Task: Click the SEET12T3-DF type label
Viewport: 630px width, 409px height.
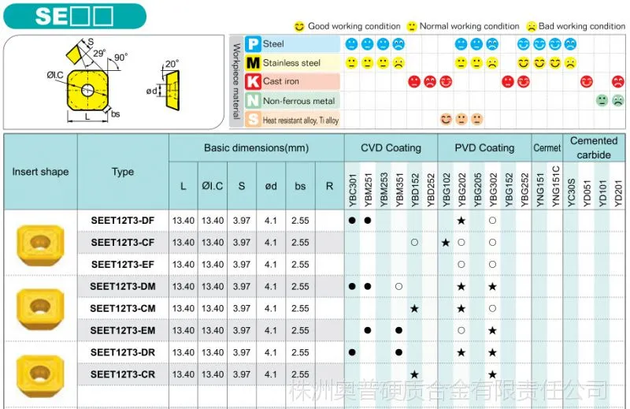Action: tap(123, 221)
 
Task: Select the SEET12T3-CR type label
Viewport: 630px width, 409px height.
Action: tap(123, 374)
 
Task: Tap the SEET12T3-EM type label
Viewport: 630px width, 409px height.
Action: tap(123, 330)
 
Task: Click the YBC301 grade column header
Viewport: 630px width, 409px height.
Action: tap(352, 190)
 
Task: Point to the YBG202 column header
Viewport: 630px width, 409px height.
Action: tap(461, 190)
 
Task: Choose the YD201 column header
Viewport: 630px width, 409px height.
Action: tap(618, 194)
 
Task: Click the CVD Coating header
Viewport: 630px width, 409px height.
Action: tap(391, 148)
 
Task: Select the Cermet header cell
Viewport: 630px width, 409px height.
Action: tap(547, 148)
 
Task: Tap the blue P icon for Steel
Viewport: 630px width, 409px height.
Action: tap(253, 44)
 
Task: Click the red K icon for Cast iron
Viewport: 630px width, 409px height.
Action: tap(253, 82)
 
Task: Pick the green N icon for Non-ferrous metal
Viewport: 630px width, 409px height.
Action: tap(253, 101)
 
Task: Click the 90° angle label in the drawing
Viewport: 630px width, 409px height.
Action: tap(120, 58)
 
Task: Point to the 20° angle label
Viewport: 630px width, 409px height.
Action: tap(172, 64)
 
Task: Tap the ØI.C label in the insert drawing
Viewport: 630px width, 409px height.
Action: tap(55, 75)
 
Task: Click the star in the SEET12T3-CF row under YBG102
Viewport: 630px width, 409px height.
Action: tap(446, 243)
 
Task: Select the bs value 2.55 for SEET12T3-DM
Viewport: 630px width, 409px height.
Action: tap(300, 287)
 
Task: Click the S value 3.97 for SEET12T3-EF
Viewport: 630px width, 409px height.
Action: tap(242, 265)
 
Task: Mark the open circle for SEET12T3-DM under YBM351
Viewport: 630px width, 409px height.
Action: tap(398, 287)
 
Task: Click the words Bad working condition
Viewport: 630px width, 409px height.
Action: tap(582, 26)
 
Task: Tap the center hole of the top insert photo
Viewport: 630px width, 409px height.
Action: tap(40, 242)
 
